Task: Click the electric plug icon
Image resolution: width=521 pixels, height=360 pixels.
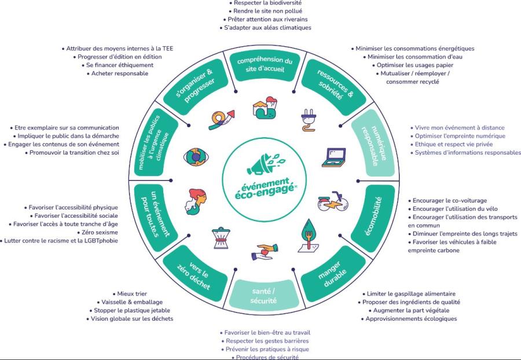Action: pos(308,118)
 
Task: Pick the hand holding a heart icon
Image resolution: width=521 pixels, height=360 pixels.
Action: pos(262,253)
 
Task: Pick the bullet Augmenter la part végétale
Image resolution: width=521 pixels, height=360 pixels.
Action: pos(410,310)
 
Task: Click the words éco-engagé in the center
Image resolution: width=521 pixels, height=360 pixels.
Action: pos(265,190)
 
